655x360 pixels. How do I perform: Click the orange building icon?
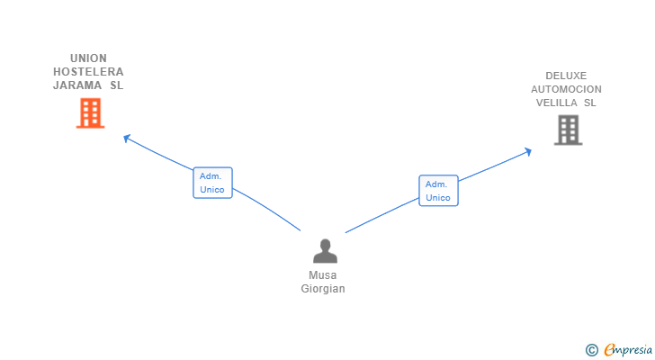90,113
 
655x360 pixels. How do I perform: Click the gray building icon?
568,130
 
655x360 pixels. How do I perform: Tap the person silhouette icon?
325,251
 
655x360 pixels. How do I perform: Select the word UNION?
88,58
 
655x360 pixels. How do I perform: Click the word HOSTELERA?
88,72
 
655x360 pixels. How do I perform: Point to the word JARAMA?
77,85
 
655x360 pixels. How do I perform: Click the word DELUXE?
566,76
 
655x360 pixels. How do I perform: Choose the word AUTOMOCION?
567,89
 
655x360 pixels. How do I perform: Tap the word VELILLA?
556,103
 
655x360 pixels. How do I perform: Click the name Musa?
322,275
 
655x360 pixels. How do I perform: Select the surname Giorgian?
323,289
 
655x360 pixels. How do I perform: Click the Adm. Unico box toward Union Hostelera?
212,183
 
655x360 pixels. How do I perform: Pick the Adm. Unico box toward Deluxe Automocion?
439,191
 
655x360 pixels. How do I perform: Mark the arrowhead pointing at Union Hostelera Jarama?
127,138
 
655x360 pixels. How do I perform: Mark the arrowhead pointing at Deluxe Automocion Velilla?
528,151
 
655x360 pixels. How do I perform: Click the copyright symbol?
591,350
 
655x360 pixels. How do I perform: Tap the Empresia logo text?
628,350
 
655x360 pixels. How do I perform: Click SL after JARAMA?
117,85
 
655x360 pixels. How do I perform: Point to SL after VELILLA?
590,103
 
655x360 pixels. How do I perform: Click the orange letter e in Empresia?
609,349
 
